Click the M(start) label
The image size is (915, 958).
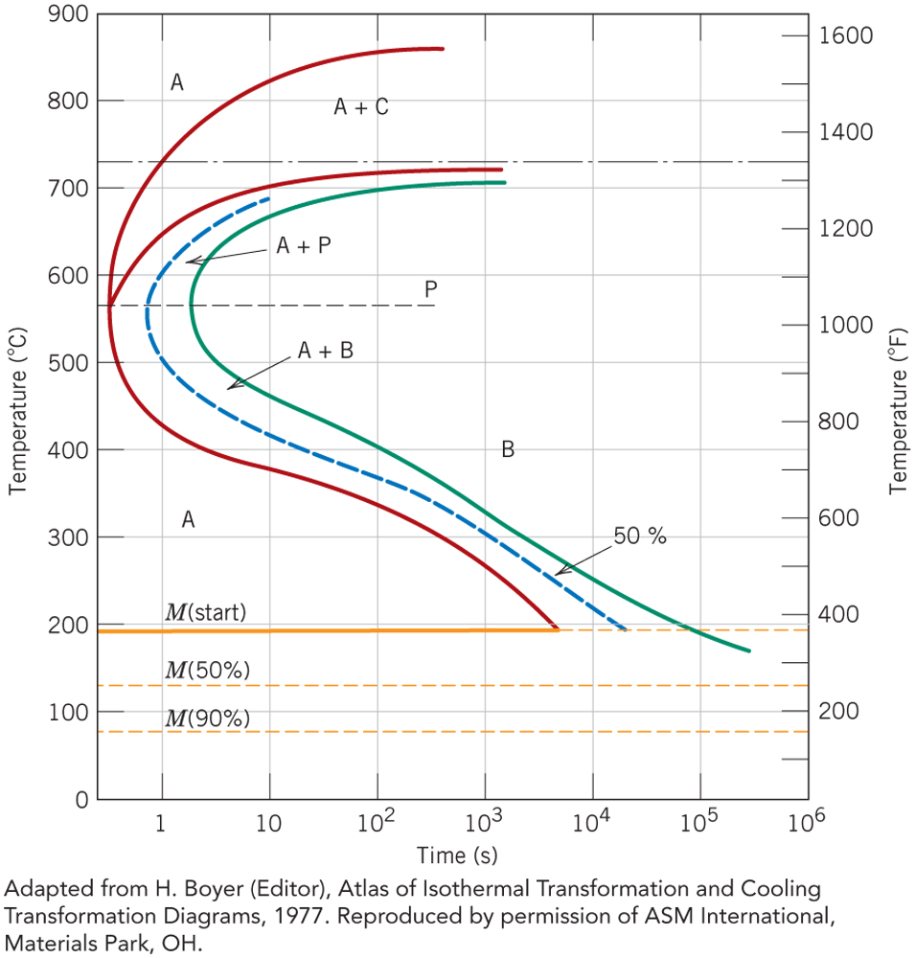coord(206,611)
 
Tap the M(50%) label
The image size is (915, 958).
coord(208,670)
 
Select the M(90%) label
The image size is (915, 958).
coord(208,718)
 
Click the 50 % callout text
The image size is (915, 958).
coord(639,536)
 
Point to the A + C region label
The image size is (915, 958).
coord(360,107)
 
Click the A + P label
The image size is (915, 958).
coord(304,246)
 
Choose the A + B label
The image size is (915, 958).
coord(326,352)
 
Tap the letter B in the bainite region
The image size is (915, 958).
coord(508,448)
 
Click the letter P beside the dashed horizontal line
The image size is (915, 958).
coord(431,288)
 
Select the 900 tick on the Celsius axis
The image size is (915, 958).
coord(70,14)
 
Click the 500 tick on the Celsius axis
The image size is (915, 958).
coord(70,363)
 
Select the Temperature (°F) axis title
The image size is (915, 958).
coord(898,408)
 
